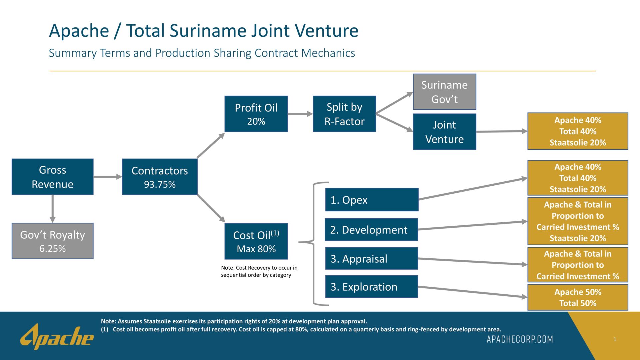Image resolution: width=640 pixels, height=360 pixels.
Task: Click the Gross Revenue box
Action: click(53, 177)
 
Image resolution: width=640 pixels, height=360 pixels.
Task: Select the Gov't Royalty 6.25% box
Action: click(53, 241)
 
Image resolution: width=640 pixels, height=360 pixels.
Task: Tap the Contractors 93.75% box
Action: click(160, 177)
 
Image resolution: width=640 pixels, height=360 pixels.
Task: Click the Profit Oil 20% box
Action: click(256, 114)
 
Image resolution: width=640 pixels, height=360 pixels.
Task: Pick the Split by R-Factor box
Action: click(344, 114)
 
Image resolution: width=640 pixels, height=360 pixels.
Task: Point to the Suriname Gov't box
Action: click(444, 92)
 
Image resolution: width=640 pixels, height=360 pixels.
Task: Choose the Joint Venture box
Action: click(444, 132)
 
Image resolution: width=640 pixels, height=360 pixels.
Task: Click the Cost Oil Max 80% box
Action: click(256, 241)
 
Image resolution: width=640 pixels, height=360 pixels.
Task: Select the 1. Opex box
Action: click(372, 200)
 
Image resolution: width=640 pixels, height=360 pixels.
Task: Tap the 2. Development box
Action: click(371, 230)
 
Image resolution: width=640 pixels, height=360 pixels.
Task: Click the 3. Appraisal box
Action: click(371, 258)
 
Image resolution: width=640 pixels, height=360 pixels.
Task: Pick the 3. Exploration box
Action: click(371, 287)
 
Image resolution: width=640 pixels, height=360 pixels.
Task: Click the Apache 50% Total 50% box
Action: click(578, 297)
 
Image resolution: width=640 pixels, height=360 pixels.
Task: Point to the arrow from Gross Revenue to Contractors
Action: click(108, 177)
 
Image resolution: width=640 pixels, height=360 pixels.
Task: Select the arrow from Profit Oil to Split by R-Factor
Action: click(300, 114)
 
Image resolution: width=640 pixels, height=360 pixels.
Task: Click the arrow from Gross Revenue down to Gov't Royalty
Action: click(53, 209)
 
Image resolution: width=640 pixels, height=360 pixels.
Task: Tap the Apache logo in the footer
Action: click(57, 337)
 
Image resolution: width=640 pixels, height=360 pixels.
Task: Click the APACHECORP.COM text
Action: click(520, 339)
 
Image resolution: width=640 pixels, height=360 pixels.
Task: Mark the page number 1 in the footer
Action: click(615, 339)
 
